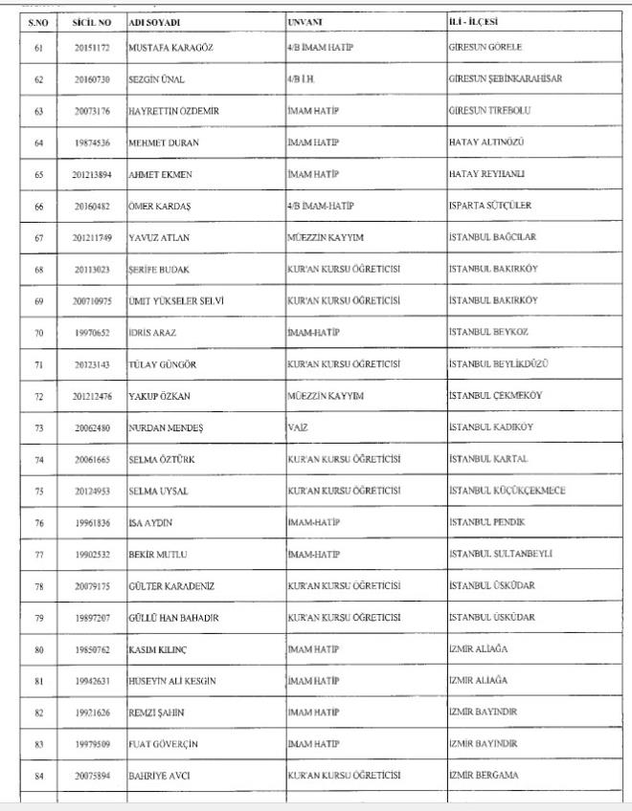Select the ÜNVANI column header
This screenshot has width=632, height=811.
[305, 21]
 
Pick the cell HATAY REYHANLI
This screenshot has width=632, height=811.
[486, 173]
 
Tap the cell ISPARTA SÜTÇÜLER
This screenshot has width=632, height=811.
[490, 206]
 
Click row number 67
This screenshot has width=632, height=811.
[38, 237]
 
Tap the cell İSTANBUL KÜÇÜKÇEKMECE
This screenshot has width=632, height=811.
[507, 491]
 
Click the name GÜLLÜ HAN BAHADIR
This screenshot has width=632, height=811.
[174, 617]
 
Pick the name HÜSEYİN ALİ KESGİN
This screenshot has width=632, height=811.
[172, 680]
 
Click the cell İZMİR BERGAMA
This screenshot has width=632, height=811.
[484, 775]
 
